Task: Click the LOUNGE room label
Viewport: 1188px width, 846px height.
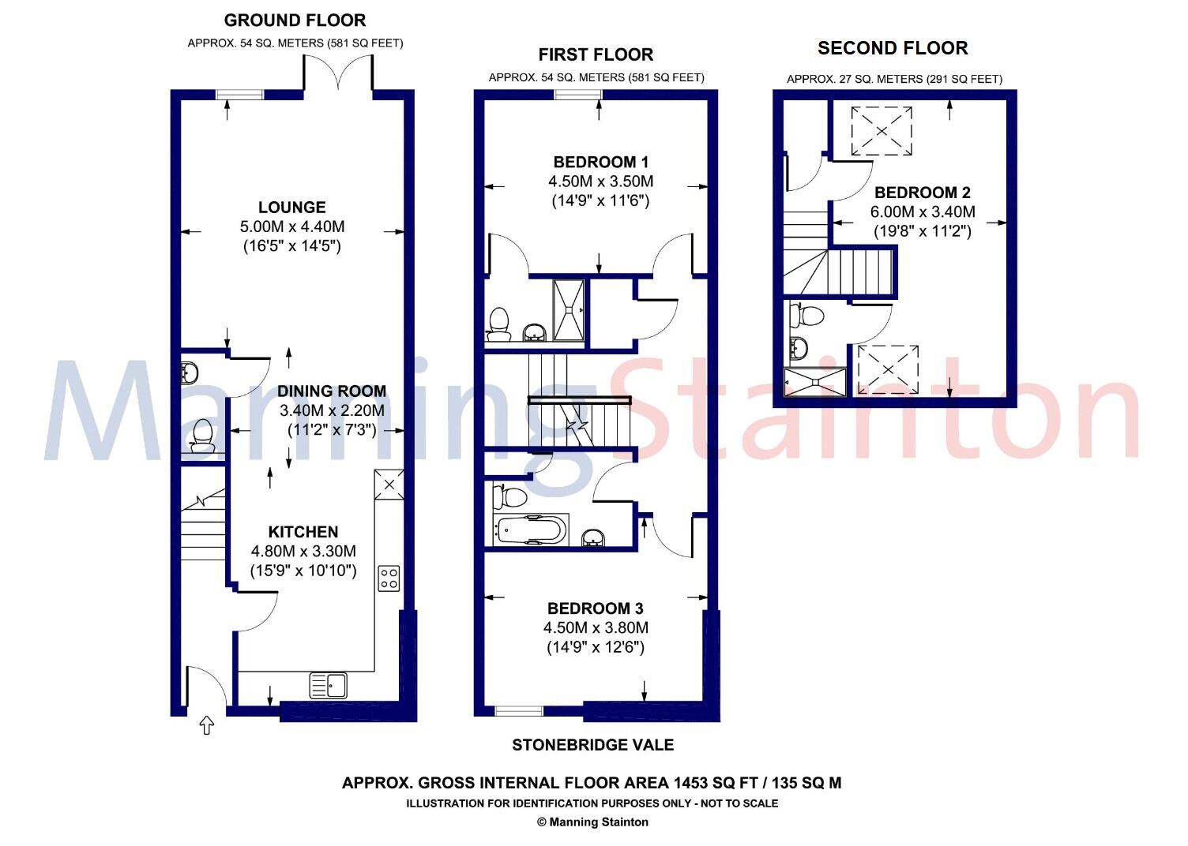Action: pyautogui.click(x=291, y=208)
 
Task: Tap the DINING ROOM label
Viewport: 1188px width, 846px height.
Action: pyautogui.click(x=332, y=391)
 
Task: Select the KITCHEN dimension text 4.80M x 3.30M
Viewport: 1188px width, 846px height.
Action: pyautogui.click(x=303, y=551)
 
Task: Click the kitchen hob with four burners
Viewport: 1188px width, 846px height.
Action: pyautogui.click(x=389, y=578)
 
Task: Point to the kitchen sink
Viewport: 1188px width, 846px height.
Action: pyautogui.click(x=328, y=685)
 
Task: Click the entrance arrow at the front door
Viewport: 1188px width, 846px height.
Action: pyautogui.click(x=207, y=724)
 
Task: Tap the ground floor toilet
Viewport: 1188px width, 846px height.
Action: pyautogui.click(x=201, y=436)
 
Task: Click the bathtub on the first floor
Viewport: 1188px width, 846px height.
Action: pyautogui.click(x=530, y=529)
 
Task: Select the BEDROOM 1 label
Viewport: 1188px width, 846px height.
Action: pyautogui.click(x=600, y=163)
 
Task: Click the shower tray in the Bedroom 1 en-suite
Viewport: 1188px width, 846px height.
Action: pyautogui.click(x=569, y=310)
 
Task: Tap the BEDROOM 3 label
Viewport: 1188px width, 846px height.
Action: pyautogui.click(x=596, y=608)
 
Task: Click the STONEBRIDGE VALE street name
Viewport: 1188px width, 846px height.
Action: pyautogui.click(x=592, y=745)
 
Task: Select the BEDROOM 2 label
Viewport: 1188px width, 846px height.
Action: pyautogui.click(x=923, y=193)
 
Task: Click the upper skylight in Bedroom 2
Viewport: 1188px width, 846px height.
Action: pyautogui.click(x=881, y=131)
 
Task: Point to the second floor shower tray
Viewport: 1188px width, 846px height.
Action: pyautogui.click(x=814, y=381)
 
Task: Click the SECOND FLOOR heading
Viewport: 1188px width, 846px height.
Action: pyautogui.click(x=893, y=48)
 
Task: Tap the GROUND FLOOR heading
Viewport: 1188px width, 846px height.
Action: pyautogui.click(x=295, y=21)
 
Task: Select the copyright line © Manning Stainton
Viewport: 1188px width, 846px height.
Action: pyautogui.click(x=592, y=822)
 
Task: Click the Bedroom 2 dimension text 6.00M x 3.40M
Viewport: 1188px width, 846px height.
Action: pyautogui.click(x=923, y=212)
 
